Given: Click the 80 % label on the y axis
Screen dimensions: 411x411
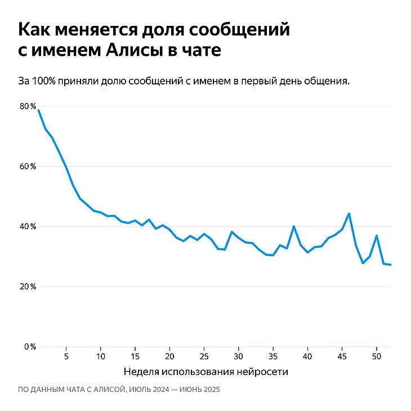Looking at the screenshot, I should pos(28,106).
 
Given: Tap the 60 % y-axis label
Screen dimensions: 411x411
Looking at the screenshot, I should pos(28,167).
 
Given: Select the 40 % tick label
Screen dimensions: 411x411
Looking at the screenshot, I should pos(28,226).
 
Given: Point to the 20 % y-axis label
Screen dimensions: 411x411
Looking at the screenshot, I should pos(28,287).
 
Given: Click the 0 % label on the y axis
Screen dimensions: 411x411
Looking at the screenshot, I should pos(30,346).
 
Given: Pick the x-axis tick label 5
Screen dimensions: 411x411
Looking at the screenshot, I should pos(66,356).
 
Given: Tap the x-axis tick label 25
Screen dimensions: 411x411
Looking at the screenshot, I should pos(204,356).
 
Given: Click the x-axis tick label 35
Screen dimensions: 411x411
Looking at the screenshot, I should pos(273,356).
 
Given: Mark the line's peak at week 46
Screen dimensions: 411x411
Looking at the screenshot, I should pos(349,213).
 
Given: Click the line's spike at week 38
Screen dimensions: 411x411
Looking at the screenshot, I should pos(294,226).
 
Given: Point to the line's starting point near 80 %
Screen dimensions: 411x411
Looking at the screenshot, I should pos(38,110).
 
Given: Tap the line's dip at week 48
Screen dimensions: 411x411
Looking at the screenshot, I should pos(363,263).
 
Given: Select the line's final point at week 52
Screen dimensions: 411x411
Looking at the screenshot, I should pos(390,265).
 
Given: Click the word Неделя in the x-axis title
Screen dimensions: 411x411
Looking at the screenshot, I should pos(140,372).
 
